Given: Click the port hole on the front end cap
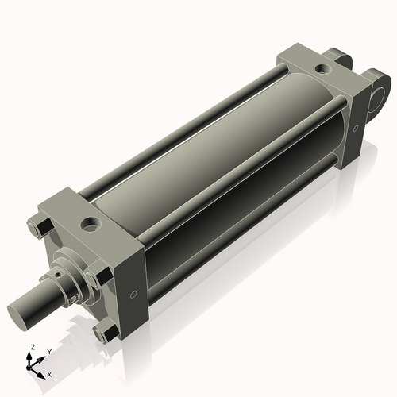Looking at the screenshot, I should [91, 222].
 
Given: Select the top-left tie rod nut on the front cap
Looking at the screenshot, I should [38, 229].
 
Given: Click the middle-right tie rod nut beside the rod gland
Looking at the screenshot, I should [98, 279].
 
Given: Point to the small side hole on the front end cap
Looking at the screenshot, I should [134, 293].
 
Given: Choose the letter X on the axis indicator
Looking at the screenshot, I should [50, 373].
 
